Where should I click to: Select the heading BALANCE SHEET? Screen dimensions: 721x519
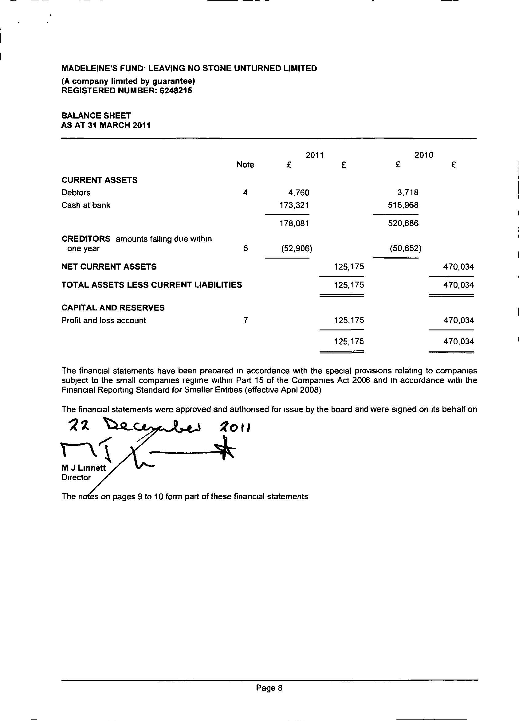[96, 115]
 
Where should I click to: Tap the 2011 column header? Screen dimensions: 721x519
[314, 155]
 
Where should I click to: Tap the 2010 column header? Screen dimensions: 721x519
[423, 155]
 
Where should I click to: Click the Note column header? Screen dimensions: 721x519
[245, 165]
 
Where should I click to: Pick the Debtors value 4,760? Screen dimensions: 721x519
[298, 193]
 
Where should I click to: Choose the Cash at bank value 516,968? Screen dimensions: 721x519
[403, 205]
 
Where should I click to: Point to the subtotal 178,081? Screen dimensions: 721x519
[294, 224]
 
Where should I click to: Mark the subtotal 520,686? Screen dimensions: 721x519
[403, 224]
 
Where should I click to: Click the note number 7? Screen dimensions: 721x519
[245, 321]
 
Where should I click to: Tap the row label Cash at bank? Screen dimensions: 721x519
[86, 205]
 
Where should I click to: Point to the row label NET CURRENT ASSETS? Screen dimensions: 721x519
[109, 267]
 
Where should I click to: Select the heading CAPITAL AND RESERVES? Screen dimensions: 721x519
[113, 308]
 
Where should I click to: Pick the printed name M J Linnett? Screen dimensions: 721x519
[84, 468]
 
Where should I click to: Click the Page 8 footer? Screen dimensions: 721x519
[269, 688]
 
